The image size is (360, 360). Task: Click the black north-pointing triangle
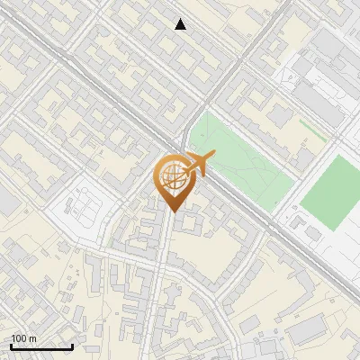click(x=181, y=24)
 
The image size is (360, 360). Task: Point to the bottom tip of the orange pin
click(x=171, y=211)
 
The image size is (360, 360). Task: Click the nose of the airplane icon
click(x=213, y=157)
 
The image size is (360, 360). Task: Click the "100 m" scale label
click(x=24, y=338)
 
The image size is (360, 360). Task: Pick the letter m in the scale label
click(x=33, y=338)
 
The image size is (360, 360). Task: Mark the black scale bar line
click(x=41, y=346)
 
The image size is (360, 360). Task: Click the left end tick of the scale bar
click(x=12, y=345)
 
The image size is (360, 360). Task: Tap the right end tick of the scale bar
click(x=72, y=345)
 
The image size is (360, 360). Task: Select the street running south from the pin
click(x=163, y=270)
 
